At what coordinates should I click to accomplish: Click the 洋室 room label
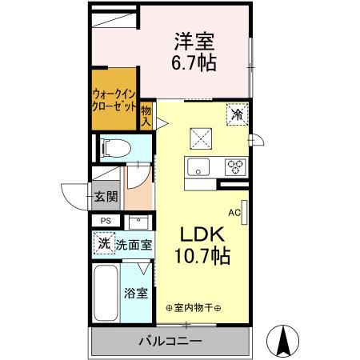pos(194,39)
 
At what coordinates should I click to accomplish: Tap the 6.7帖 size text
pos(194,62)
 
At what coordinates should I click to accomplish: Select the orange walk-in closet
pos(114,101)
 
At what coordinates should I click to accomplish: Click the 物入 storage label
pos(146,116)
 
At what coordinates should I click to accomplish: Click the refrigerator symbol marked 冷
pos(236,115)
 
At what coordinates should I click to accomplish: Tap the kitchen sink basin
pos(197,167)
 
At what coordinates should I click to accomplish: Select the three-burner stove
pos(235,167)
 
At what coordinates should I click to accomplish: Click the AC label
pos(234,213)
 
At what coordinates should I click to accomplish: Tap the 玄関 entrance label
pos(105,196)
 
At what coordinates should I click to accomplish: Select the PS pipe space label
pos(105,221)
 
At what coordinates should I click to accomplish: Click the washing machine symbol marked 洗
pos(103,243)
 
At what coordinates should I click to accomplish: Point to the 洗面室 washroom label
pos(134,246)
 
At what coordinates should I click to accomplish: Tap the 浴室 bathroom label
pos(135,293)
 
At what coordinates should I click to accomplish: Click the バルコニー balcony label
pos(172,341)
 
